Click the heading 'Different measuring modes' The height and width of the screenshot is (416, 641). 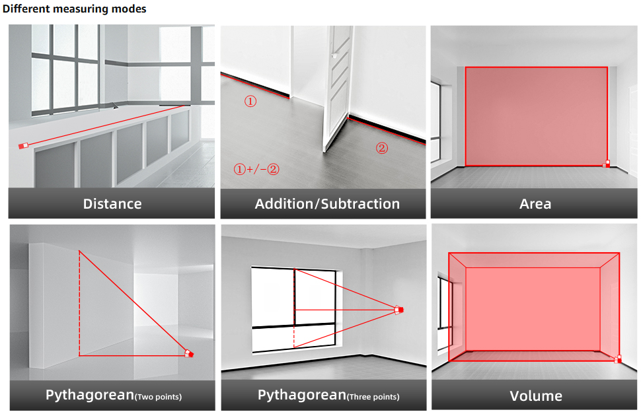[74, 9]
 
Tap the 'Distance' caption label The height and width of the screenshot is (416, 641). [112, 203]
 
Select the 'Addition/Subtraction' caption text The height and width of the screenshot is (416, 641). [327, 203]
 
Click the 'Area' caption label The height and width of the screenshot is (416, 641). [535, 203]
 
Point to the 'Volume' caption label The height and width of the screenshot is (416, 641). [536, 396]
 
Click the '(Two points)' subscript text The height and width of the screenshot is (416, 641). [158, 397]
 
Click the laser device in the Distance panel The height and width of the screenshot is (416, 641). [24, 145]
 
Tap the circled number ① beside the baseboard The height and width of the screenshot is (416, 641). [250, 102]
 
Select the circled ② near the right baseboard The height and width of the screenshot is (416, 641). [382, 148]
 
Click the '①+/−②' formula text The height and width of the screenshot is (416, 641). [256, 169]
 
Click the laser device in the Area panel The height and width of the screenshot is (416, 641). [607, 163]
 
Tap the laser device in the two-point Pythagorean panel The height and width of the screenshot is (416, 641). [189, 354]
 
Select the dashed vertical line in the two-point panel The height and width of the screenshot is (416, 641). [79, 304]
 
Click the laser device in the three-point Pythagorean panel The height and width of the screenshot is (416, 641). [398, 309]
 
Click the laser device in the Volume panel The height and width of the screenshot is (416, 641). [619, 359]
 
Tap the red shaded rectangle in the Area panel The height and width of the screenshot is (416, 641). [536, 116]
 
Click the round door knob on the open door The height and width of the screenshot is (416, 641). [335, 56]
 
